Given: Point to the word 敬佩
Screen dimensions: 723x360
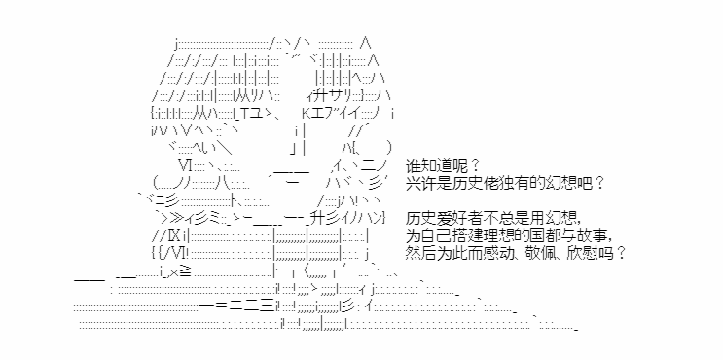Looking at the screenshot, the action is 533,253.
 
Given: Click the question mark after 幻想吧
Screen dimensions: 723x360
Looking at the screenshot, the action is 599,184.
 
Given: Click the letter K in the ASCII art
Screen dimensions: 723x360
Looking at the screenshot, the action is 307,113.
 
